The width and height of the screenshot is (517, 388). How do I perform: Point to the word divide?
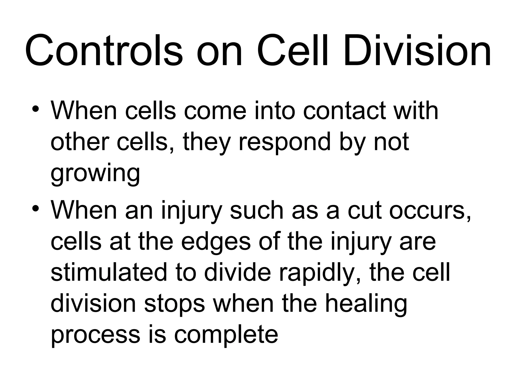click(x=237, y=273)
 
